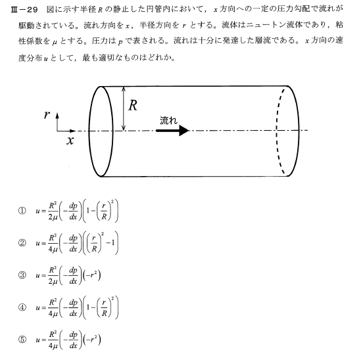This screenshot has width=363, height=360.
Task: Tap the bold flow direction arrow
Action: coord(172,130)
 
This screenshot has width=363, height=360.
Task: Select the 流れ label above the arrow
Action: coord(168,120)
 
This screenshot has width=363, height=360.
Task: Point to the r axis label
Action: coord(47,114)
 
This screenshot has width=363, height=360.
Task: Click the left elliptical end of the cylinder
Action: coord(102,131)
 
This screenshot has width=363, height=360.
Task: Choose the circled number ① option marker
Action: coord(21,212)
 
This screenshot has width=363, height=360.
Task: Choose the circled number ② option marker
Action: coord(21,242)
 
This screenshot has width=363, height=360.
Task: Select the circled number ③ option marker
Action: coord(21,275)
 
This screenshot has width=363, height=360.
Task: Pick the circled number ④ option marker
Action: coord(21,308)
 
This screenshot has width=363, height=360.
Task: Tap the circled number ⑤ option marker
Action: coord(21,341)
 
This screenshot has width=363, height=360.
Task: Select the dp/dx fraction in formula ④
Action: coord(73,308)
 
